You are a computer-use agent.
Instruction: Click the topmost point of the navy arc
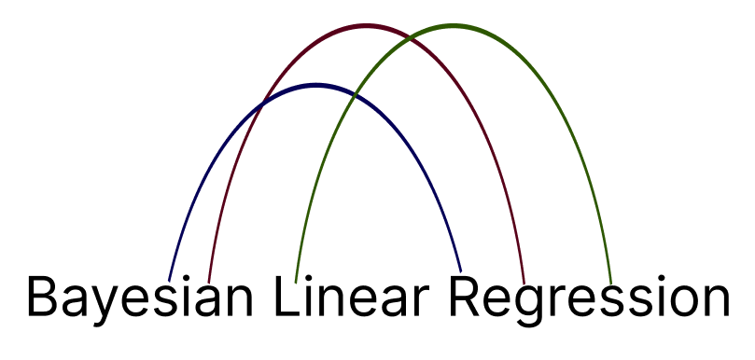click(x=315, y=85)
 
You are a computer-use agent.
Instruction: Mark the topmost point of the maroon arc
click(x=367, y=25)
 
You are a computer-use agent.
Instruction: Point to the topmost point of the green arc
click(x=454, y=26)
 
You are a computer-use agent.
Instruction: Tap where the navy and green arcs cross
click(x=353, y=94)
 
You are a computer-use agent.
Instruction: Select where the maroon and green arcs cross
click(x=409, y=37)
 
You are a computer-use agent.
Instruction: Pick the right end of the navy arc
click(x=461, y=271)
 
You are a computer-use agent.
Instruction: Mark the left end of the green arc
click(x=296, y=281)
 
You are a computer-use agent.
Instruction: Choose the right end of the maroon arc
click(x=524, y=282)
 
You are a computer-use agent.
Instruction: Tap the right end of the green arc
click(x=610, y=282)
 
